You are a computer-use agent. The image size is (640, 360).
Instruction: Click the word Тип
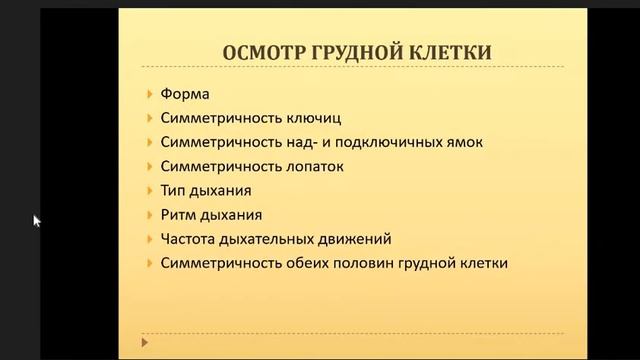(172, 190)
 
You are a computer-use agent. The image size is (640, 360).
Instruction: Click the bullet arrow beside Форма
(149, 94)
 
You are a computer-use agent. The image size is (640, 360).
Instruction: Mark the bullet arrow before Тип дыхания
(149, 190)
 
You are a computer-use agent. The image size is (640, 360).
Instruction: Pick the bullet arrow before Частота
(149, 239)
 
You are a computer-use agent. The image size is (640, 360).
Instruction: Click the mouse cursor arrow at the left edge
(37, 221)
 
